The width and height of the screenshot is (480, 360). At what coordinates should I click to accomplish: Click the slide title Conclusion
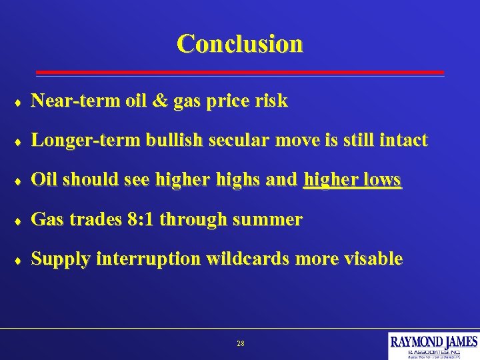coord(240,44)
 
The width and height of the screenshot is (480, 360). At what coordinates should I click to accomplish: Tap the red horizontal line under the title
coord(240,72)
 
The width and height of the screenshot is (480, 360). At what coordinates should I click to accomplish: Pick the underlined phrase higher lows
coord(352,180)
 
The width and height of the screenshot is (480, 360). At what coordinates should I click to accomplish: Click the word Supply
coord(61,259)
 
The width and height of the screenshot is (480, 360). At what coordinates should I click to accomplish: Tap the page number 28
coord(241,344)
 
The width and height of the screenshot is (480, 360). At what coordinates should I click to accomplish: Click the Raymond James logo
coord(433,345)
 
